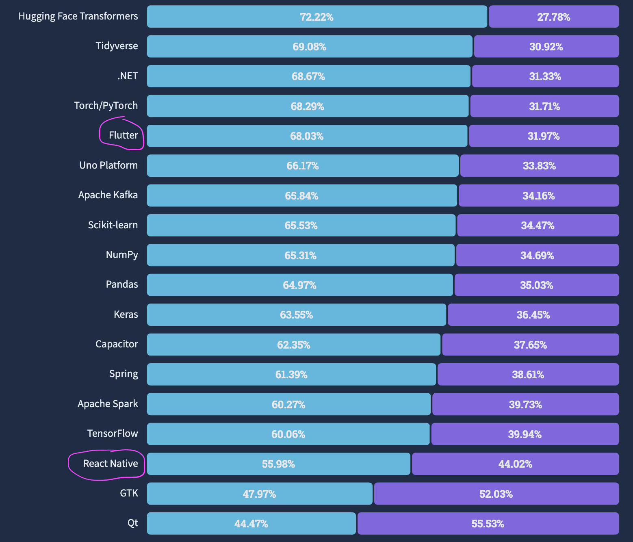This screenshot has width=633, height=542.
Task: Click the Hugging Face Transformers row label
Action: coord(78,16)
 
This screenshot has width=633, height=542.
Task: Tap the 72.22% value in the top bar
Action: coord(316,17)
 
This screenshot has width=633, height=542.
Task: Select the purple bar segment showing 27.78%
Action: coord(553,17)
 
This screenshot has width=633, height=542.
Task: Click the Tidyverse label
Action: coord(117,46)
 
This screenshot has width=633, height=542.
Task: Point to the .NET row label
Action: coord(128,76)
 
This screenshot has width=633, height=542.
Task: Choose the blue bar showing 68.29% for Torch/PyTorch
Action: coord(307,106)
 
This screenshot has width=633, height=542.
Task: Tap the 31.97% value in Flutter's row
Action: coord(543,136)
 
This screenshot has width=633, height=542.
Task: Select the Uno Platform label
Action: coord(108,165)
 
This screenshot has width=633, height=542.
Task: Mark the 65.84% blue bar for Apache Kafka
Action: coord(301,196)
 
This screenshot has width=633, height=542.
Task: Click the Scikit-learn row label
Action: coord(113,225)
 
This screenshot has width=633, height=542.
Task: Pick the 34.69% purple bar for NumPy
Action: coord(537,256)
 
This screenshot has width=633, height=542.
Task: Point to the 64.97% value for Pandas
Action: coord(299,285)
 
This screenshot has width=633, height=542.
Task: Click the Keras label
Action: coord(126,314)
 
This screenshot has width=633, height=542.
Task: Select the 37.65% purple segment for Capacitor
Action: coord(530,345)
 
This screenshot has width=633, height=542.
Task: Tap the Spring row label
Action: coord(124,374)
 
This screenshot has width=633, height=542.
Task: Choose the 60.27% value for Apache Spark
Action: coord(288,405)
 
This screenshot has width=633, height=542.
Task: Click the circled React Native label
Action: coord(111,464)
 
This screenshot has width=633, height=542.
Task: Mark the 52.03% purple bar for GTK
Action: coord(496,494)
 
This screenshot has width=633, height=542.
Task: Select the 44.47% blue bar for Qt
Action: coord(251,524)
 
